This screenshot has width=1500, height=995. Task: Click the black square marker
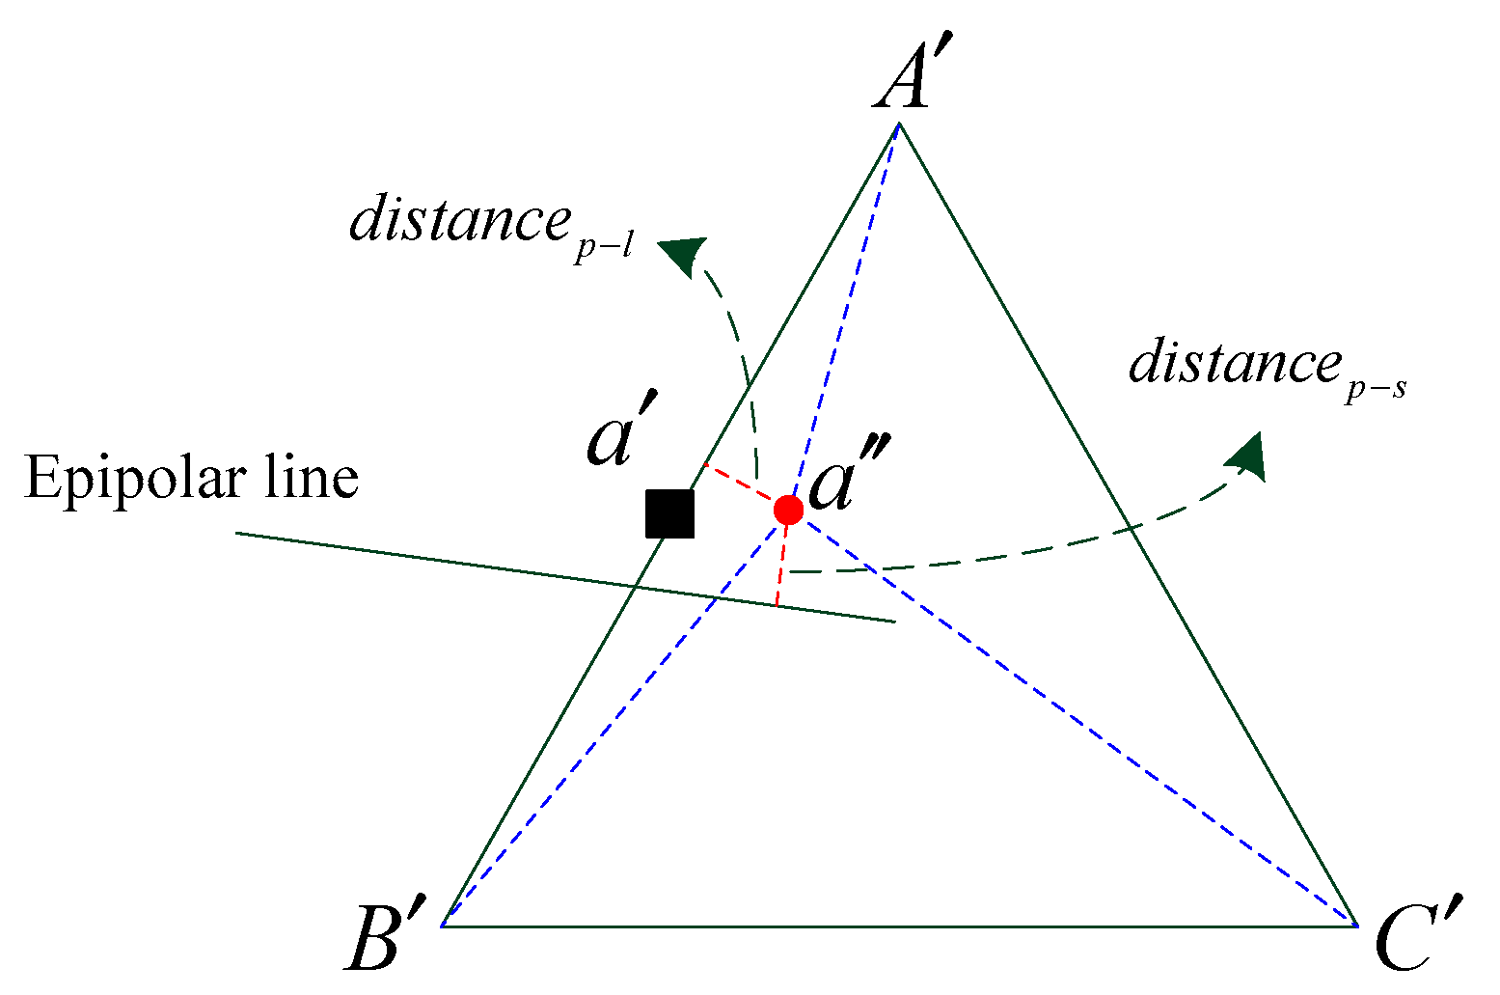[x=669, y=513]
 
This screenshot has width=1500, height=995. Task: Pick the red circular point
[x=788, y=510]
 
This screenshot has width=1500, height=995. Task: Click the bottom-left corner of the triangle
[x=442, y=926]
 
